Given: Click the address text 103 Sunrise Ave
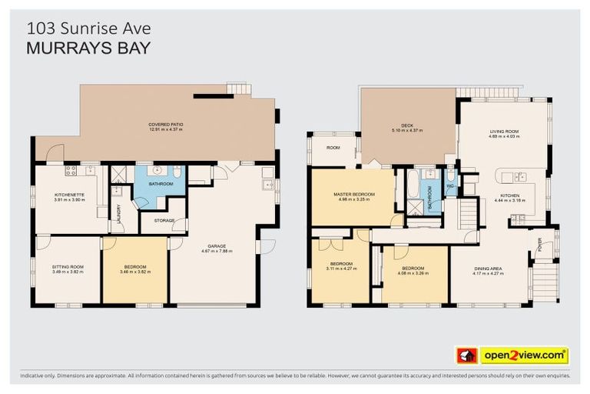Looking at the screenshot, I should click(x=89, y=28).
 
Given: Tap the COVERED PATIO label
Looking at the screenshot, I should click(x=165, y=124).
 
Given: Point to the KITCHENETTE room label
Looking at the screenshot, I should click(x=69, y=195).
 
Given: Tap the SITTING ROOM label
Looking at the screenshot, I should click(x=68, y=267).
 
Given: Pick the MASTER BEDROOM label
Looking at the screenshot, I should click(x=353, y=194).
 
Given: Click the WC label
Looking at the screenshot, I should click(x=451, y=187).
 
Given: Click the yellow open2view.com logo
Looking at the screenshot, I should click(x=524, y=356).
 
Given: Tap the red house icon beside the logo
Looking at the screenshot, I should click(x=466, y=356).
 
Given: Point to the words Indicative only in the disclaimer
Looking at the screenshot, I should click(x=40, y=376).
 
